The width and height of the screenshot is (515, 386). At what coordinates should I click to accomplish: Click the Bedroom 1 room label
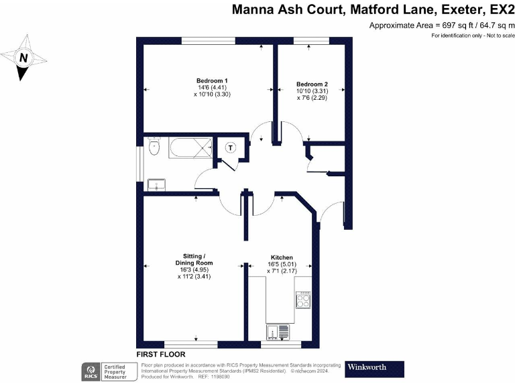tap(208, 80)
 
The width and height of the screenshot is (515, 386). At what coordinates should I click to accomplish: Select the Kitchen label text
tap(282, 257)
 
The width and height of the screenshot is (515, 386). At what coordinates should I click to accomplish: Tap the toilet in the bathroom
tap(154, 147)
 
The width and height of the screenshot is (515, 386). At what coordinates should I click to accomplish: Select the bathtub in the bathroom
tap(188, 147)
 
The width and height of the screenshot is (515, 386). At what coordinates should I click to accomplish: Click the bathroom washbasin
tap(156, 184)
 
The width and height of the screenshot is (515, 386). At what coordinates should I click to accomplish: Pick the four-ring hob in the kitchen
tap(303, 298)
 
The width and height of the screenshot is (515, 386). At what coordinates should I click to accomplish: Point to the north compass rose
tap(24, 58)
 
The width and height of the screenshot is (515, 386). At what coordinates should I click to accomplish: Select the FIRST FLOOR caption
tap(161, 354)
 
